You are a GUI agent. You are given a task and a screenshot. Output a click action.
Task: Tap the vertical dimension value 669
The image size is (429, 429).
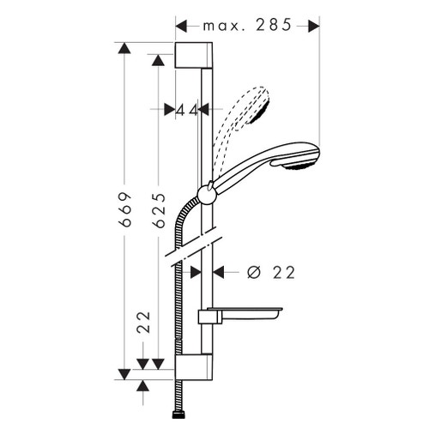pos(125,206)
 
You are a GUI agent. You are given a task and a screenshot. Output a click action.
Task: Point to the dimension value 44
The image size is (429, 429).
pos(187,109)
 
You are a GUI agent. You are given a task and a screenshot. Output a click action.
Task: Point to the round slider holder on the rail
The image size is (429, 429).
pos(206,193)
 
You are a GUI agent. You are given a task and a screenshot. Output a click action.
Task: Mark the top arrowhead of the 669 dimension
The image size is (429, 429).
pos(125,49)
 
